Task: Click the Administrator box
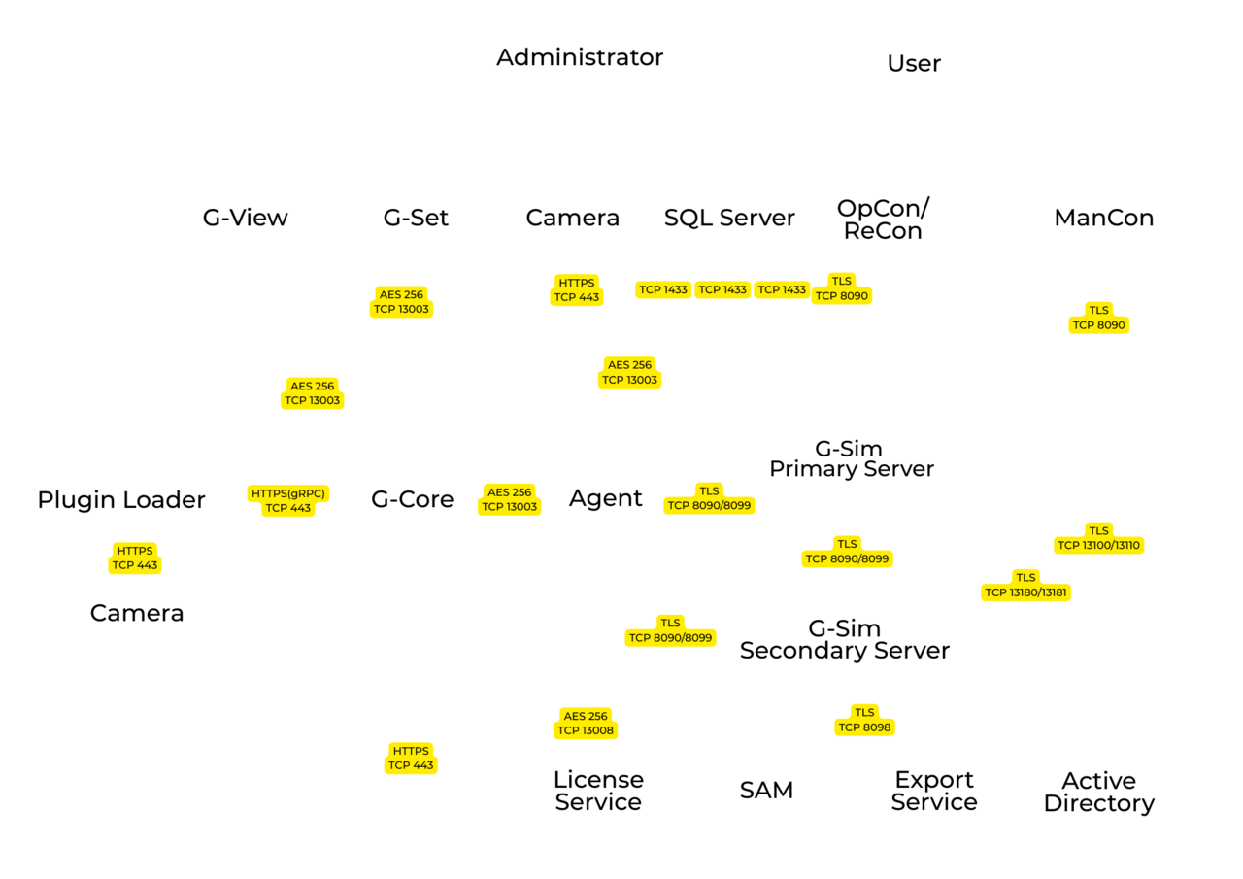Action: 580,57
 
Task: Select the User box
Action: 914,64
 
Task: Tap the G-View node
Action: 245,218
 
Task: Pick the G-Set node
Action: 416,218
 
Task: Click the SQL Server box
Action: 729,218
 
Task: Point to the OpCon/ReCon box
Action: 883,220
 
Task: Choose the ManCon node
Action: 1104,218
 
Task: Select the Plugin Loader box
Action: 121,500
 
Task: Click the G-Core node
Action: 413,499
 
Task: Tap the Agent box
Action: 606,498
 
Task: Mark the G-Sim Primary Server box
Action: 852,459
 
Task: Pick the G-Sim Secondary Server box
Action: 845,639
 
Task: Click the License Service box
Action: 598,791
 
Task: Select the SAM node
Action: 767,790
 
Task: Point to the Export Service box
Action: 934,791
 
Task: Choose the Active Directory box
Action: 1098,792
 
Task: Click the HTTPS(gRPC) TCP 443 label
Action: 289,500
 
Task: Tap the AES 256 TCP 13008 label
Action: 586,723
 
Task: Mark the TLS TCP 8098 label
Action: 863,720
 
